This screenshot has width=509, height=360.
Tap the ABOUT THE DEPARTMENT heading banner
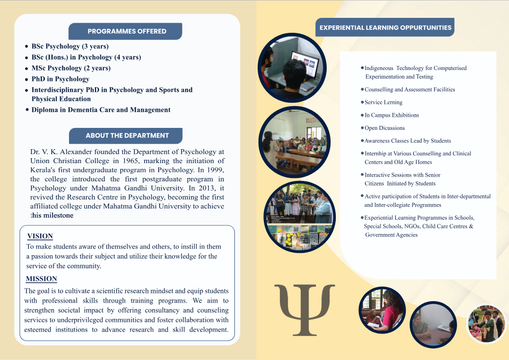[126, 136]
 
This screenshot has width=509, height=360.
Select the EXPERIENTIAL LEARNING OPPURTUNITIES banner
[385, 28]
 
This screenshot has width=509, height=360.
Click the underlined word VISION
[40, 236]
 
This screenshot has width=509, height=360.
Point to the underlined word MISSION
[41, 278]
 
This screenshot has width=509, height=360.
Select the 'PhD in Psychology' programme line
[60, 79]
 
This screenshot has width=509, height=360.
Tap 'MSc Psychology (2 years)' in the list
[71, 68]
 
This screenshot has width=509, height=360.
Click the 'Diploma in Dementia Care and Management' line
[101, 110]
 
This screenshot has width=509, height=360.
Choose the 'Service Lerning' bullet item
[383, 102]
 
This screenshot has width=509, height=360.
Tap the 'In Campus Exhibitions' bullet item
[391, 115]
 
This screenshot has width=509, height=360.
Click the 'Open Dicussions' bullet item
[385, 128]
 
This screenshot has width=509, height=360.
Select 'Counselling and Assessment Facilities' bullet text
[410, 90]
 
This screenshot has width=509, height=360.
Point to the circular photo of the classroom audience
[294, 142]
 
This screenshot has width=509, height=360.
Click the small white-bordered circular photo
[486, 324]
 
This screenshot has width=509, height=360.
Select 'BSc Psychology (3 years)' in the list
[70, 46]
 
